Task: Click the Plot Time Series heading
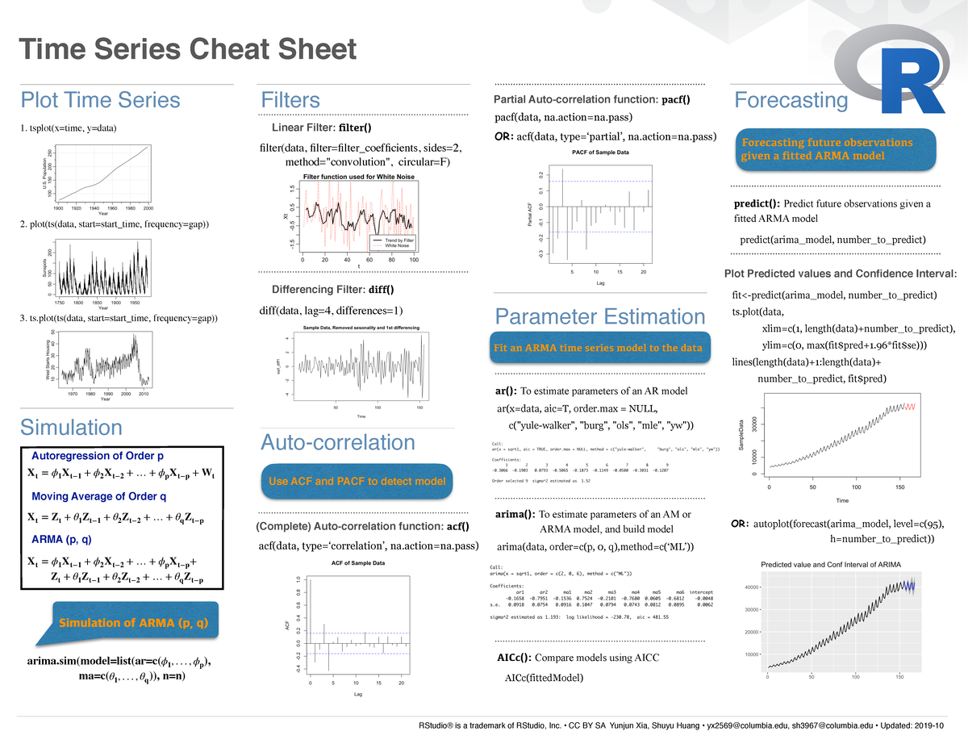pos(100,100)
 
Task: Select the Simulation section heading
pos(71,427)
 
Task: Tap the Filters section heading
pos(290,100)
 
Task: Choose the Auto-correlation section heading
pos(337,442)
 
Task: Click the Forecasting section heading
pos(791,100)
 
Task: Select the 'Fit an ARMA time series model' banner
pos(598,348)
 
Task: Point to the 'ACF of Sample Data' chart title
pos(358,562)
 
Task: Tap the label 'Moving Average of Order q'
pos(98,496)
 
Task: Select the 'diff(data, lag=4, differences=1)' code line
pos(331,310)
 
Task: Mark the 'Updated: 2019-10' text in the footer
pos(919,725)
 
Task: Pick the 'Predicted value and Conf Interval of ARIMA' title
pos(831,563)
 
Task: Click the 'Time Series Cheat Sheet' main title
pos(187,50)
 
